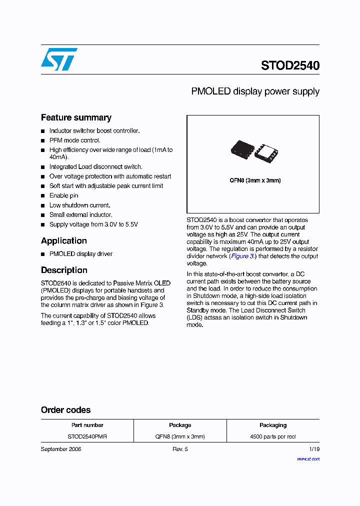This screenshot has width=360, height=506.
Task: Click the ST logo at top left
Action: tap(59, 59)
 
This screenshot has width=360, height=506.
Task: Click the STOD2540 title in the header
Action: tap(290, 65)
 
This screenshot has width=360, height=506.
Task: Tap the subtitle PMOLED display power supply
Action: tap(255, 91)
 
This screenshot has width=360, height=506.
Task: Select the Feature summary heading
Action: tap(76, 117)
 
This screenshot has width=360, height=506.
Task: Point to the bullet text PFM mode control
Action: tap(74, 140)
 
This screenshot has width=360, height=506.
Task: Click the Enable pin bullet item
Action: tap(63, 195)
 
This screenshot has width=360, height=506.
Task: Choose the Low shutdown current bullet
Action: tap(79, 205)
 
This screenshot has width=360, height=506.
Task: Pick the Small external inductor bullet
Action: tap(80, 214)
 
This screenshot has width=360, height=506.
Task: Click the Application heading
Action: tap(64, 240)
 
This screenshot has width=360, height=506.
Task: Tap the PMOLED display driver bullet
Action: tap(80, 254)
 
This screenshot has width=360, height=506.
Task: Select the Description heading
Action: tap(64, 270)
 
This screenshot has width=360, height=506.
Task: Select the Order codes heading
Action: tap(66, 410)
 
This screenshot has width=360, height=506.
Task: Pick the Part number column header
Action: tap(87, 425)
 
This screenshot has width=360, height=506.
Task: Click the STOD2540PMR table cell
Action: tap(87, 436)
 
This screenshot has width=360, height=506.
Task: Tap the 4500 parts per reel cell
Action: tap(272, 436)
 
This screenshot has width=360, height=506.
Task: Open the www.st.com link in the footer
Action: tap(308, 458)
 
